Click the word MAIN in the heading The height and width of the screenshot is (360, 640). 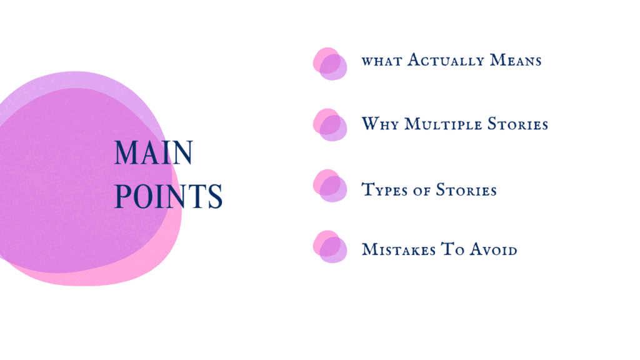tap(153, 154)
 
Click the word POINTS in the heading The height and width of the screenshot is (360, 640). tap(169, 197)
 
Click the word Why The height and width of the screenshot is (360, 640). tap(380, 124)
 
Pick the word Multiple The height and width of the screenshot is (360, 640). tap(446, 124)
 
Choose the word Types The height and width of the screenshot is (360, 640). tap(386, 189)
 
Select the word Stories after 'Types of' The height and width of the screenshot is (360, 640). tap(466, 189)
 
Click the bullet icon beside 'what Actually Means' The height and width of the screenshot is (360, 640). tap(329, 64)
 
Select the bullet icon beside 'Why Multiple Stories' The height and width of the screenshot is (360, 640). tap(329, 124)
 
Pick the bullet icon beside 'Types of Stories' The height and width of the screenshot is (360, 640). tap(329, 186)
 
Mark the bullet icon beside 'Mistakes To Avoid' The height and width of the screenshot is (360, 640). tap(329, 247)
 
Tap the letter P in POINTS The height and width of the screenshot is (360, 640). tap(122, 197)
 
